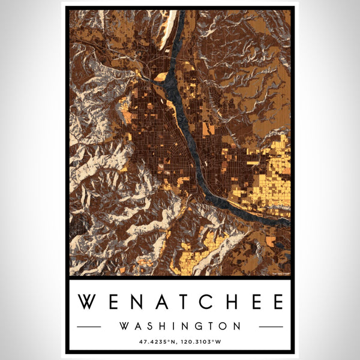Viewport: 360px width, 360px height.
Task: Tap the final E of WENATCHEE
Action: point(277,302)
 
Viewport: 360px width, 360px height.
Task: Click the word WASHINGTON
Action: point(180,326)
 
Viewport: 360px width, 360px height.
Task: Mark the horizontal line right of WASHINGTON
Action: point(270,326)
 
